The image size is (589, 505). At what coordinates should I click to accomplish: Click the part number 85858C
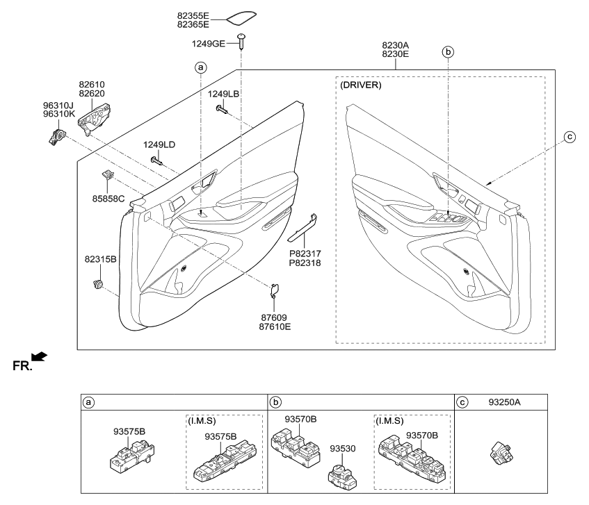[109, 198]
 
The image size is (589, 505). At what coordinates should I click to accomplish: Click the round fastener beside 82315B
[97, 283]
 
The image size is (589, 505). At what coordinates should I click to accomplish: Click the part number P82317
[305, 254]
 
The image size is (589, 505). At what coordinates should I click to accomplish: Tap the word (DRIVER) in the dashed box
[361, 85]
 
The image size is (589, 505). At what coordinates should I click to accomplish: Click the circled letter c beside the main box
[569, 138]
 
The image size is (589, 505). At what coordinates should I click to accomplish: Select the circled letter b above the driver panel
[449, 52]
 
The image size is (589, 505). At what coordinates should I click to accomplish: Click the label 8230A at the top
[395, 45]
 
